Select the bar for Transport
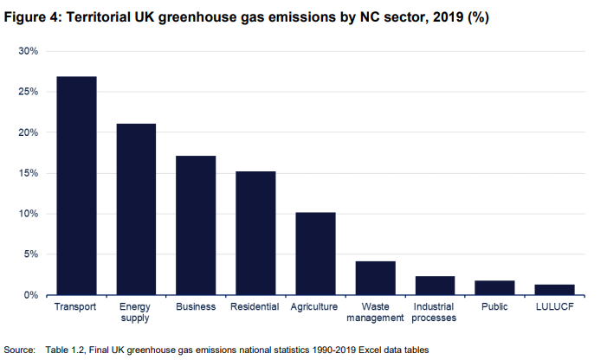pyautogui.click(x=76, y=186)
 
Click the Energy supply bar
pyautogui.click(x=136, y=209)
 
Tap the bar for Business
pyautogui.click(x=196, y=226)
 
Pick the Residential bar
pyautogui.click(x=255, y=234)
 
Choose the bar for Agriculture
pyautogui.click(x=315, y=254)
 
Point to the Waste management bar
pyautogui.click(x=375, y=278)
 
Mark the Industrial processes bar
pyautogui.click(x=435, y=286)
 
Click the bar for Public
pyautogui.click(x=494, y=288)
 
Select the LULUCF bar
pyautogui.click(x=554, y=290)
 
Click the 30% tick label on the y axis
pyautogui.click(x=29, y=51)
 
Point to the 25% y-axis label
pyautogui.click(x=29, y=92)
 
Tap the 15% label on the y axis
pyautogui.click(x=29, y=173)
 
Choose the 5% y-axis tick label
pyautogui.click(x=31, y=254)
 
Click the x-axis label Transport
pyautogui.click(x=76, y=306)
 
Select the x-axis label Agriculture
pyautogui.click(x=315, y=306)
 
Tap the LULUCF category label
pyautogui.click(x=554, y=306)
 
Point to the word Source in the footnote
pyautogui.click(x=20, y=350)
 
